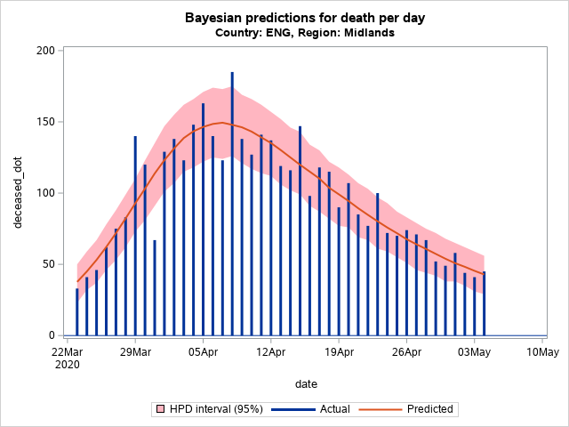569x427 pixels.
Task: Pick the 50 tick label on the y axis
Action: [49, 264]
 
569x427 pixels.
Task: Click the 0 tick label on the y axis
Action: [52, 335]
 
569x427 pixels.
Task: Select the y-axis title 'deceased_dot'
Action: [19, 193]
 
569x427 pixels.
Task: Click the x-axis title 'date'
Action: [306, 383]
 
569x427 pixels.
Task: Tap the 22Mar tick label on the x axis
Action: [68, 351]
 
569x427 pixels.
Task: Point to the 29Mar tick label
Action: [135, 351]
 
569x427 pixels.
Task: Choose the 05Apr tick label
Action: [203, 351]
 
